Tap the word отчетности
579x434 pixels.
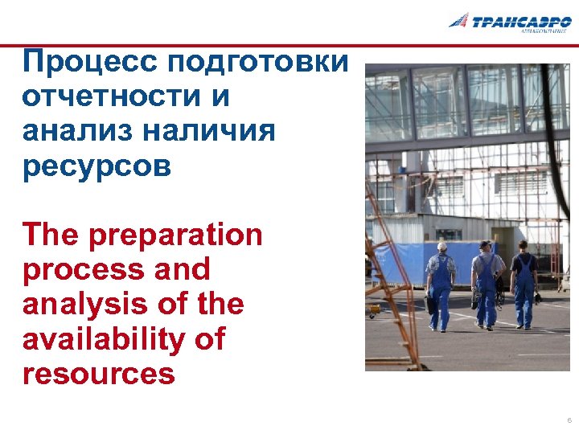114,96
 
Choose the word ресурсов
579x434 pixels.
97,166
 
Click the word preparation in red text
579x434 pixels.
176,235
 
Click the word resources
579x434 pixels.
99,374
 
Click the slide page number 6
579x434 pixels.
569,420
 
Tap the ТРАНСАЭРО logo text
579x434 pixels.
521,22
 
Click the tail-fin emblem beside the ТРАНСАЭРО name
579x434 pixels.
459,20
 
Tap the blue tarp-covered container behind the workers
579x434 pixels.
402,258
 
